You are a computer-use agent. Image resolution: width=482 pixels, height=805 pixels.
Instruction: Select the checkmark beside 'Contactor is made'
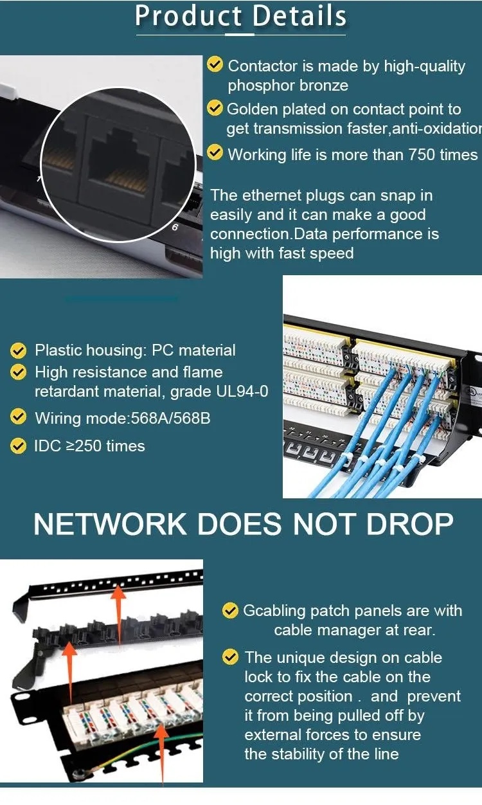pyautogui.click(x=215, y=64)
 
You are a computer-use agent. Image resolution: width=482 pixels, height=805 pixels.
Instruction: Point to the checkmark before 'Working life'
pyautogui.click(x=215, y=153)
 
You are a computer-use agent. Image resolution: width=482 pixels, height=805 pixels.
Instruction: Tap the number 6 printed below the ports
pyautogui.click(x=175, y=227)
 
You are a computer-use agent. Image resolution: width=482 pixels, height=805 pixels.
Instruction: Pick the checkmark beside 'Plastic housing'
pyautogui.click(x=19, y=350)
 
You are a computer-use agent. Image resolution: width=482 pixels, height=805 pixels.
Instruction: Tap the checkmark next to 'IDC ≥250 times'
pyautogui.click(x=19, y=445)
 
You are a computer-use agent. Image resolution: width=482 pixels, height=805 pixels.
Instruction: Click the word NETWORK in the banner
pyautogui.click(x=110, y=525)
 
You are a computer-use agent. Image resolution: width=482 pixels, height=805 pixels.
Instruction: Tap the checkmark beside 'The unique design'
pyautogui.click(x=229, y=657)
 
